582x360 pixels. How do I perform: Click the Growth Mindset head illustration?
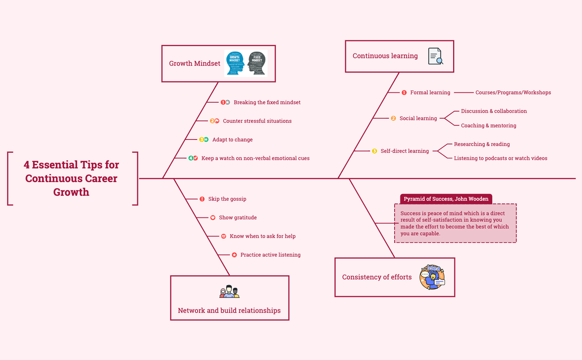coord(246,63)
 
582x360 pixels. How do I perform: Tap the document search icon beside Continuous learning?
coord(435,56)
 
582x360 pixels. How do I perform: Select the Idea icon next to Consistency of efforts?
coord(432,277)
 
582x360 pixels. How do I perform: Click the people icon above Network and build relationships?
coord(230,292)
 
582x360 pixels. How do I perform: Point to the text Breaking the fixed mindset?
coord(267,102)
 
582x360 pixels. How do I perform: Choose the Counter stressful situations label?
coord(257,121)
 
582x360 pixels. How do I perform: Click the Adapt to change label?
coord(232,140)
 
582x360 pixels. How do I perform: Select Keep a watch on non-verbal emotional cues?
coord(255,158)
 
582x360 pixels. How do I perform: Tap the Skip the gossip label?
coord(227,199)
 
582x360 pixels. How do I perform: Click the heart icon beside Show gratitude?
coord(213,217)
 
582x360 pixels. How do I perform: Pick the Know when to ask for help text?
coord(262,236)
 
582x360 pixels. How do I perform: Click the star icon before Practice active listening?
coord(235,255)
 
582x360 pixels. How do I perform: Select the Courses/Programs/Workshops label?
coord(513,92)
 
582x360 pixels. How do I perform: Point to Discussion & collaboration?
coord(494,111)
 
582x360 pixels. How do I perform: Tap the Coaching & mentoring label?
coord(488,125)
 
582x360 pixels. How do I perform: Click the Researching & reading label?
coord(482,144)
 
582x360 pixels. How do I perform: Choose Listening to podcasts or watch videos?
coord(500,158)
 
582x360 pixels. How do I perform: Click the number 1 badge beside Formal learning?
coord(404,92)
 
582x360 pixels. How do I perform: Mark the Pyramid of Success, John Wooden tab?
coord(446,199)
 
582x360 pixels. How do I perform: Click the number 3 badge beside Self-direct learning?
coord(374,151)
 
